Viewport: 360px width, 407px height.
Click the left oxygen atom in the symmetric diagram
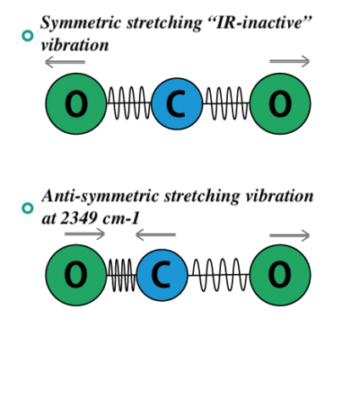[x=76, y=104]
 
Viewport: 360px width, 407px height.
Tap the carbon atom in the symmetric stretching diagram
[x=177, y=104]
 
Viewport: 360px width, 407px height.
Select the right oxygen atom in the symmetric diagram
[x=280, y=104]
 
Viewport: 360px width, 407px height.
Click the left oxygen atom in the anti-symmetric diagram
[x=76, y=275]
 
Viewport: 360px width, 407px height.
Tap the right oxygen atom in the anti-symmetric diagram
[x=280, y=275]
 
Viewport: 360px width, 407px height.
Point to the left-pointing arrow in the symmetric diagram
[x=65, y=62]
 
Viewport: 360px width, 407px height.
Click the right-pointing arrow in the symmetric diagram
[x=290, y=62]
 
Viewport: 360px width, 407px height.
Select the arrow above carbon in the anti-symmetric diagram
[x=155, y=235]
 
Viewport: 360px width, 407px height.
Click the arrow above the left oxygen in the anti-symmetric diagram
[x=85, y=235]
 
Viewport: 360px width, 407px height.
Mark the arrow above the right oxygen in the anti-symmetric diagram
[x=290, y=235]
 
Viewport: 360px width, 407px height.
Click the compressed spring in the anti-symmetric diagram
[x=121, y=275]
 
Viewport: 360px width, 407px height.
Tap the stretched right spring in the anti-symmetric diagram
[x=219, y=275]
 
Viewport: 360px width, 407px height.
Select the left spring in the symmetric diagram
[x=129, y=104]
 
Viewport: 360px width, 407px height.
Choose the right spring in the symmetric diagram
[x=226, y=104]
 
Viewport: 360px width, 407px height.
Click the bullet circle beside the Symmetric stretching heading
[x=27, y=35]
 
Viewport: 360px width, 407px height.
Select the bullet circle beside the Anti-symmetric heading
[x=27, y=208]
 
